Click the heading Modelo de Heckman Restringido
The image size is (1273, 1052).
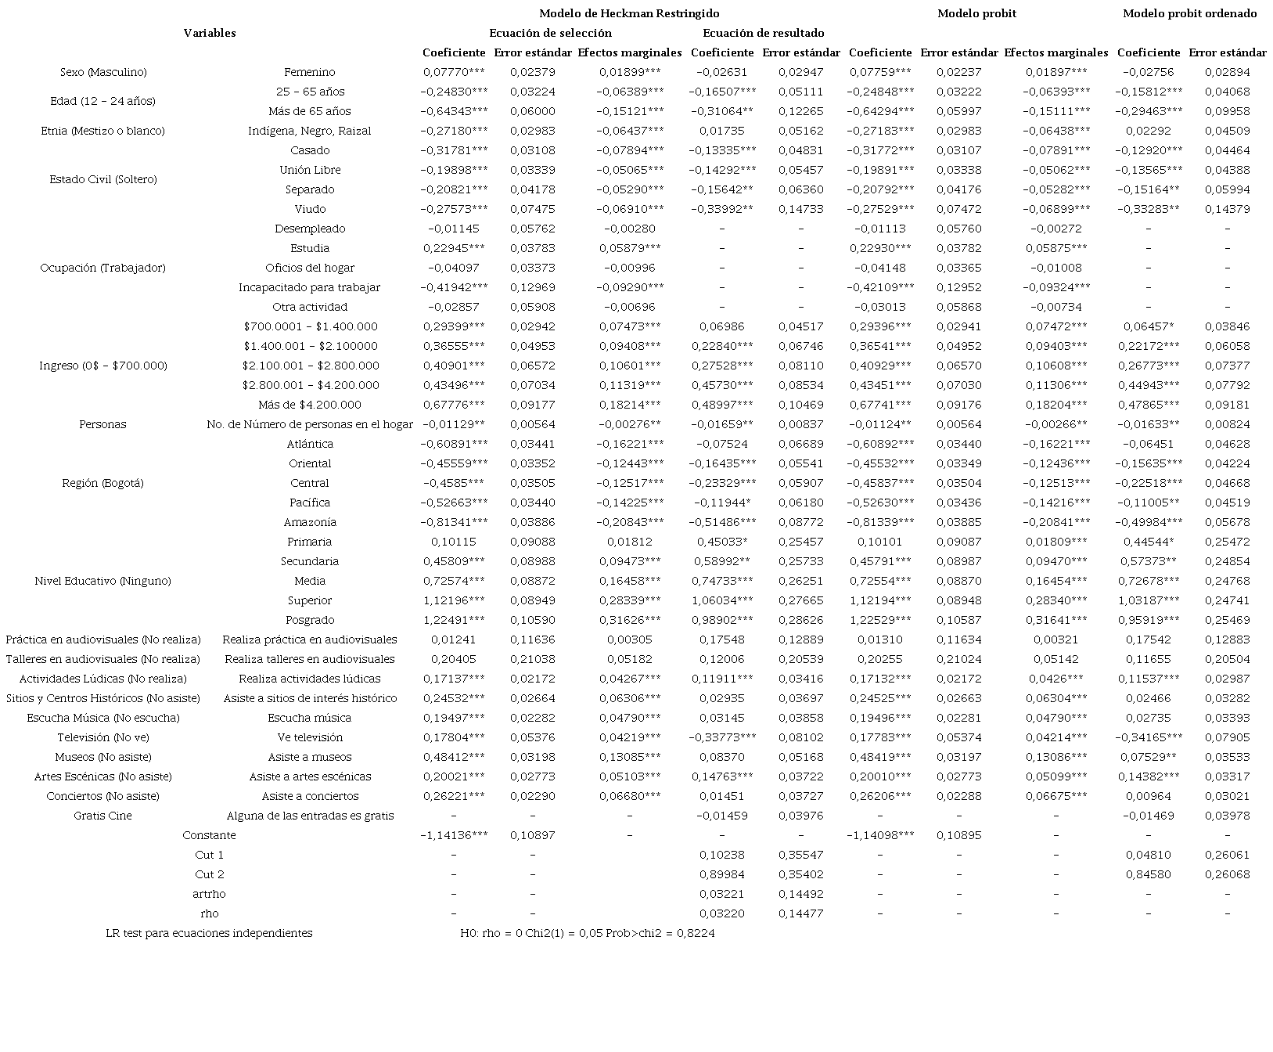pos(629,13)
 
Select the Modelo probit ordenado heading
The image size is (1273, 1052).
pos(1189,13)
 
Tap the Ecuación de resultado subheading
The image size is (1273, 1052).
pos(763,33)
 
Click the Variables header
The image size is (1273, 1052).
pos(210,33)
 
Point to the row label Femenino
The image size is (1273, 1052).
pos(310,72)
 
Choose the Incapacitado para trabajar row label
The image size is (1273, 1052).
pos(310,287)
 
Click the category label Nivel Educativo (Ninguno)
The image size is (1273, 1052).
pos(102,581)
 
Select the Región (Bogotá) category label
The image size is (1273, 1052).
pos(102,483)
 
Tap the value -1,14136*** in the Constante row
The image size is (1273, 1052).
pos(454,835)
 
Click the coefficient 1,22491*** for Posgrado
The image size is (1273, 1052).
pos(454,620)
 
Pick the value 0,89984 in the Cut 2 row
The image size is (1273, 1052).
pos(722,874)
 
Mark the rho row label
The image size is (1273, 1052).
pos(210,913)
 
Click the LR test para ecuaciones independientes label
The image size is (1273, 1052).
pos(209,933)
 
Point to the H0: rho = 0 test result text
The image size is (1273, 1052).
pos(588,933)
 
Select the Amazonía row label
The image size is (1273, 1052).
pos(310,522)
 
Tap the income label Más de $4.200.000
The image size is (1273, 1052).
pos(310,405)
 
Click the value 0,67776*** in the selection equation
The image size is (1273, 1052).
pos(454,405)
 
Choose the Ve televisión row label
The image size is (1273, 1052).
pos(310,737)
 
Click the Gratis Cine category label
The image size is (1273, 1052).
pos(102,816)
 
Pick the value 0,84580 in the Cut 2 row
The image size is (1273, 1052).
pos(1149,874)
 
